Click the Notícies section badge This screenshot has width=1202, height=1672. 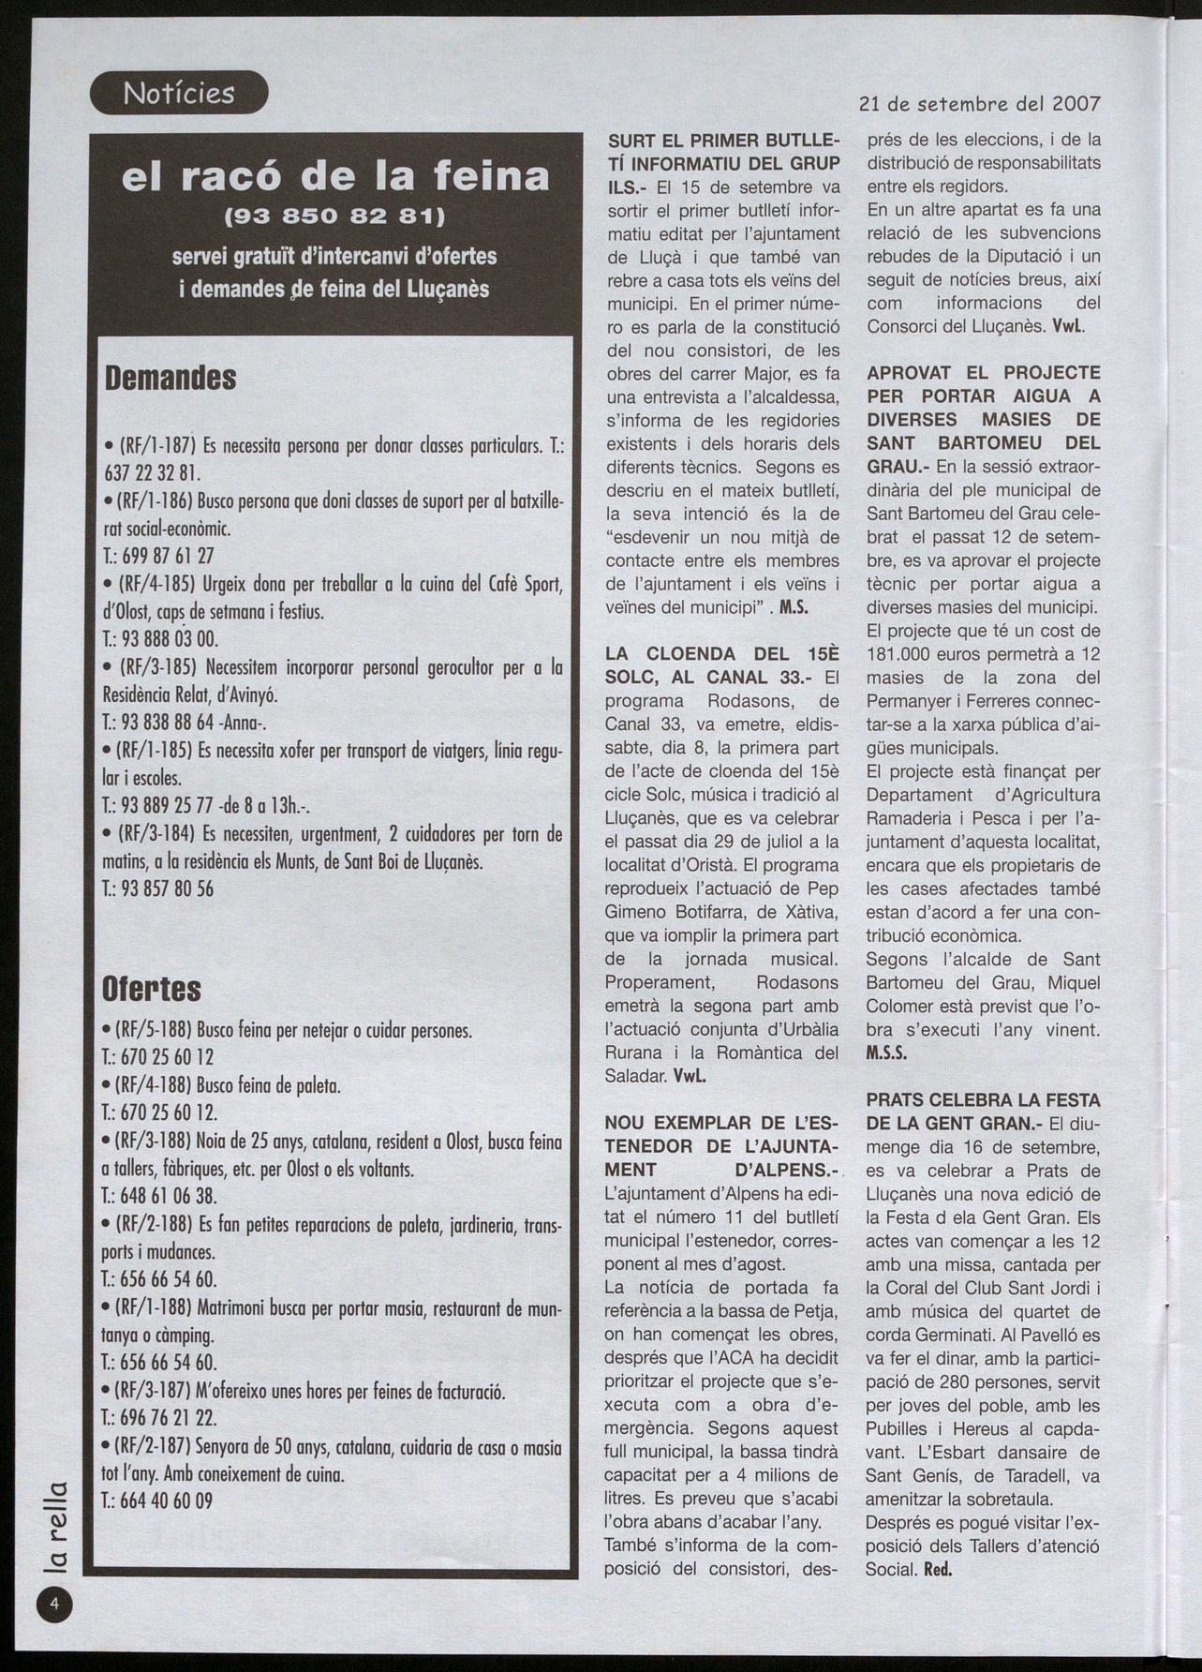pos(179,94)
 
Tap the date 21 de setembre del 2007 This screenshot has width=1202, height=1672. pos(979,103)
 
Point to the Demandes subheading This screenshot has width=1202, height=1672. pos(170,379)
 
